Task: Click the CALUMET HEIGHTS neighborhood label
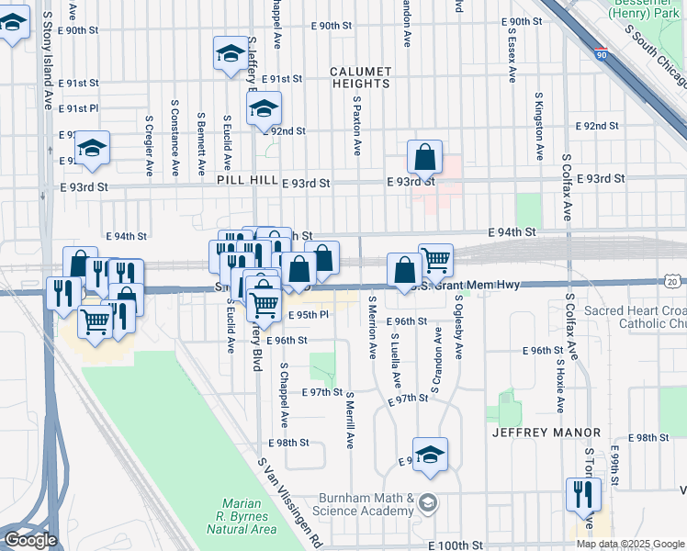pyautogui.click(x=361, y=77)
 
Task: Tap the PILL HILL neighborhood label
pyautogui.click(x=247, y=182)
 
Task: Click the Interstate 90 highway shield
pyautogui.click(x=601, y=54)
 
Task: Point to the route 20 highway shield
pyautogui.click(x=673, y=282)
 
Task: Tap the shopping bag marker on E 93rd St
pyautogui.click(x=425, y=158)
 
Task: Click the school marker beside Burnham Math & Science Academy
pyautogui.click(x=430, y=455)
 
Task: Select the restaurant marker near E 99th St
pyautogui.click(x=583, y=494)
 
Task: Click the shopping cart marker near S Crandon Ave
pyautogui.click(x=436, y=260)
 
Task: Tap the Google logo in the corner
pyautogui.click(x=30, y=539)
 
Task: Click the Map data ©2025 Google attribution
pyautogui.click(x=630, y=544)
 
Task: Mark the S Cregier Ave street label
pyautogui.click(x=149, y=144)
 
